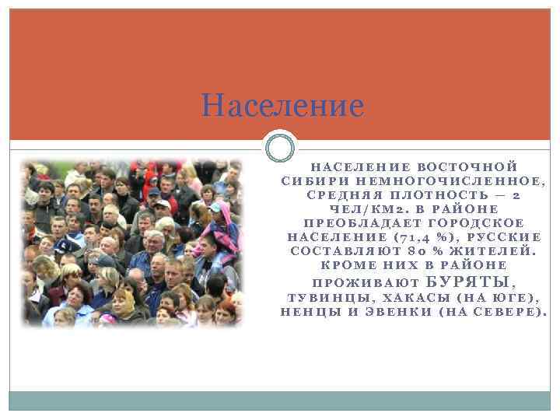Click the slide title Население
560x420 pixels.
tap(282, 105)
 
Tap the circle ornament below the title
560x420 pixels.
tap(280, 147)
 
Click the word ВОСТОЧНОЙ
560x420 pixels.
tap(467, 167)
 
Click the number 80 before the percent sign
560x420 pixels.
tap(414, 251)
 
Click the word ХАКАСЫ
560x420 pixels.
tap(411, 298)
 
